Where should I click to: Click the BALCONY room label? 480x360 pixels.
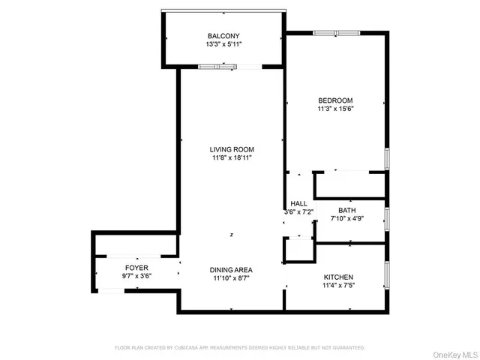tap(223, 35)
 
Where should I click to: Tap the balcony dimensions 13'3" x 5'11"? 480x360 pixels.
tap(223, 44)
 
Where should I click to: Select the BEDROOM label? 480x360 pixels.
tap(334, 100)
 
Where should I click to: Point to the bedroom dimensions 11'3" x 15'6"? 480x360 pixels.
tap(334, 109)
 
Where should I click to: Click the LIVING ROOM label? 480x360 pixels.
tap(231, 149)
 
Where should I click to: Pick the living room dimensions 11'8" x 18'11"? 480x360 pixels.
tap(231, 158)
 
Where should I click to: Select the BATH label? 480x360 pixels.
tap(346, 211)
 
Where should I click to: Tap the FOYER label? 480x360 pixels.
tap(136, 268)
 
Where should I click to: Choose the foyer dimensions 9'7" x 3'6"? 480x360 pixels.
tap(136, 277)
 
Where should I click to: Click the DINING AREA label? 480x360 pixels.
tap(231, 270)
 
